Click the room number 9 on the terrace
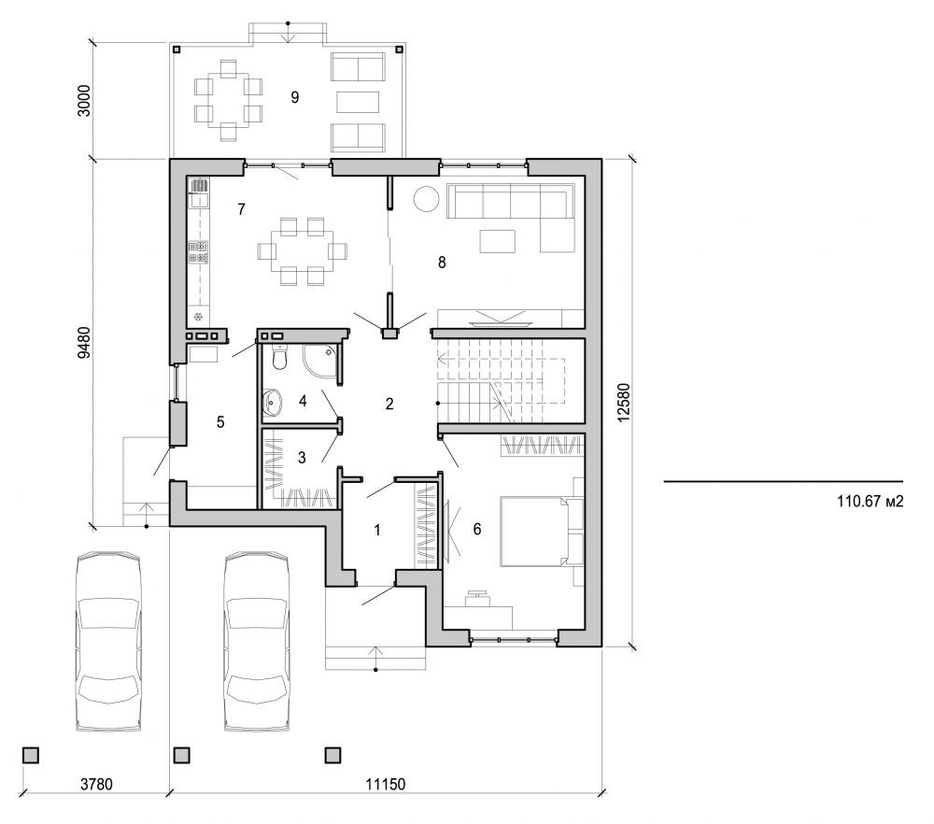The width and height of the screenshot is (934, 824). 294,97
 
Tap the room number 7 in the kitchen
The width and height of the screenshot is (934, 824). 241,209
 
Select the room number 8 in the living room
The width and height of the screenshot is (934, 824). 442,263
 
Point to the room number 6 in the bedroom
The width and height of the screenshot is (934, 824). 476,530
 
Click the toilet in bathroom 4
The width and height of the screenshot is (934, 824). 276,357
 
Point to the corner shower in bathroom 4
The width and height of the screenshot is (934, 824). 321,362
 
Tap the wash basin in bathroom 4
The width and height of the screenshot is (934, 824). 275,404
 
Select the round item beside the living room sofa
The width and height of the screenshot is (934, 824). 426,199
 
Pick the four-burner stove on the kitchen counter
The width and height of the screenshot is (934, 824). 199,250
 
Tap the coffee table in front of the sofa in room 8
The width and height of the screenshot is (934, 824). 498,241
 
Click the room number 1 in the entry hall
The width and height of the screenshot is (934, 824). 377,530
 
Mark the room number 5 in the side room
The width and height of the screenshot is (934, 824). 220,422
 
